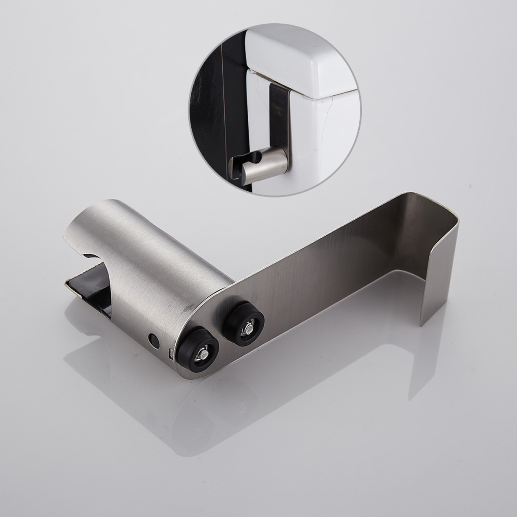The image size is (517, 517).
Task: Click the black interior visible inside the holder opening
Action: [x=93, y=290]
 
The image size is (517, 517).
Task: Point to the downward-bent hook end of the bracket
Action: [x=439, y=269]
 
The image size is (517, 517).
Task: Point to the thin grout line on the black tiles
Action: [x=223, y=103]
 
